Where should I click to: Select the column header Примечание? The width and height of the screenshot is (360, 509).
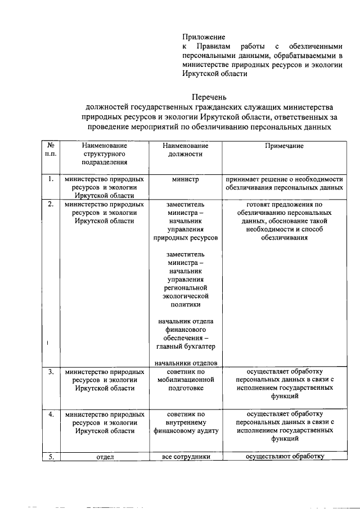click(x=284, y=146)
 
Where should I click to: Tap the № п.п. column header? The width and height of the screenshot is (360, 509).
click(x=50, y=150)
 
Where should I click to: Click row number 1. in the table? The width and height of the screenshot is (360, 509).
click(x=50, y=179)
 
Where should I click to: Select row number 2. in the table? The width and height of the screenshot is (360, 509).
click(x=50, y=204)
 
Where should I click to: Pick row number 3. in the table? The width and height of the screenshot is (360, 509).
click(x=50, y=372)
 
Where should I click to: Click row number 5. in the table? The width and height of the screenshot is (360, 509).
click(x=50, y=457)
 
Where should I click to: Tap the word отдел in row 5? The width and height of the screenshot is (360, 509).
click(x=105, y=457)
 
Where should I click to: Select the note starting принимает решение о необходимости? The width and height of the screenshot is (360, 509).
click(x=284, y=183)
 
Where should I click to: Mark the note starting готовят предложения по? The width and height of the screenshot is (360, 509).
click(x=284, y=221)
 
